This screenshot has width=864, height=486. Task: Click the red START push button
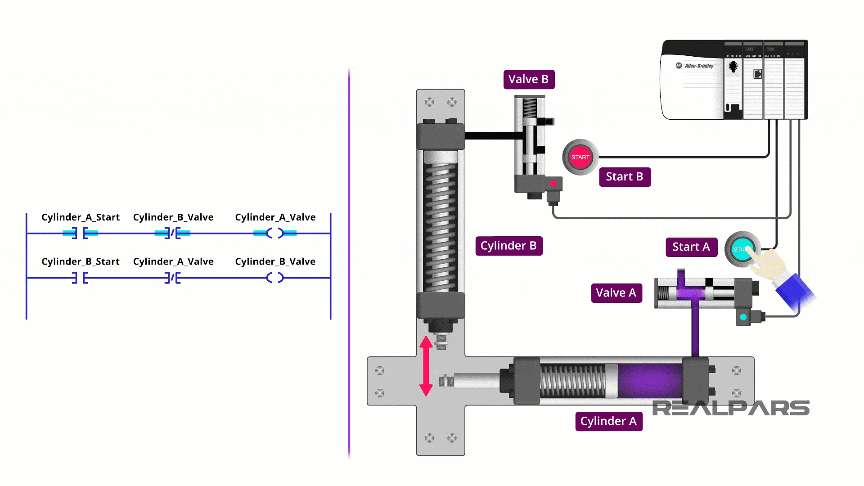tap(580, 157)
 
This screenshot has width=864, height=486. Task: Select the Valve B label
tap(529, 79)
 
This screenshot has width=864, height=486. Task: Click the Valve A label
tap(616, 292)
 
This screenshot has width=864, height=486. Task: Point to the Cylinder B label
tap(508, 246)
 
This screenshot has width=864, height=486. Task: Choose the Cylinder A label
tap(608, 421)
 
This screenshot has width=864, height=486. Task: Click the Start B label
tap(625, 177)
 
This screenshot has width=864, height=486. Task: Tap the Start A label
tap(691, 247)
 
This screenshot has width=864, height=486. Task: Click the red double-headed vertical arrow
tap(426, 366)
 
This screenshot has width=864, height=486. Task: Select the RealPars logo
tap(730, 408)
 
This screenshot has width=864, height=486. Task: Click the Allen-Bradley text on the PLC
tap(698, 66)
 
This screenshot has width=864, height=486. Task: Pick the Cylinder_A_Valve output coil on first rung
tap(275, 233)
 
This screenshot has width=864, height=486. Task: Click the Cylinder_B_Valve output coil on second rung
tap(275, 278)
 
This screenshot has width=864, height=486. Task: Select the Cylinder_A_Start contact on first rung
tap(80, 233)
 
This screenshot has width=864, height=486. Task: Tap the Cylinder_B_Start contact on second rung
tap(80, 278)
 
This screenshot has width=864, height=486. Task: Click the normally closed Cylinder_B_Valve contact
tap(172, 233)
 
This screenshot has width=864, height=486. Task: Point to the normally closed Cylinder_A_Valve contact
tap(172, 278)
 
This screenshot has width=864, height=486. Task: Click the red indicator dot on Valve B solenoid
tap(553, 184)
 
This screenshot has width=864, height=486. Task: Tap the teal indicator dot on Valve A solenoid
tap(743, 317)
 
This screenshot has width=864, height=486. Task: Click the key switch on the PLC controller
tap(733, 67)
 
